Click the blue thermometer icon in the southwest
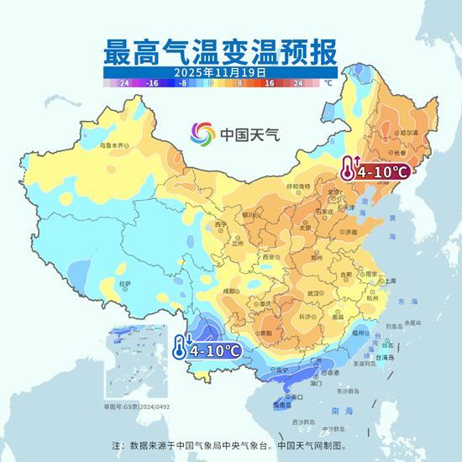(180, 345)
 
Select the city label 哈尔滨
(408, 133)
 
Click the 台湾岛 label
(387, 357)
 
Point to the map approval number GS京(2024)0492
(136, 407)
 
